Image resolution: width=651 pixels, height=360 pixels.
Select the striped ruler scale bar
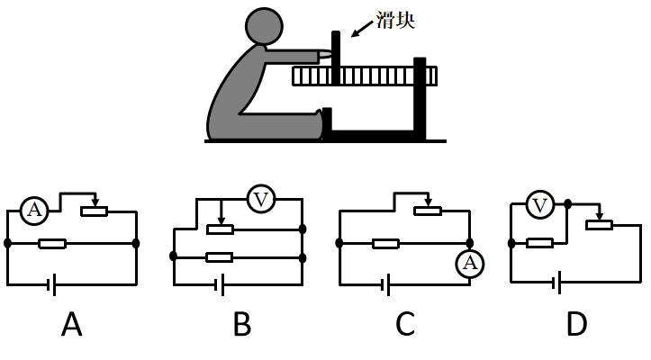(365, 77)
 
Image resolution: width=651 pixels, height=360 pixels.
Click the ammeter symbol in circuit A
(34, 211)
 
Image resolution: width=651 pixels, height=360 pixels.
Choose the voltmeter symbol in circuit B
(260, 199)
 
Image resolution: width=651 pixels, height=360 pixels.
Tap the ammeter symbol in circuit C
(469, 263)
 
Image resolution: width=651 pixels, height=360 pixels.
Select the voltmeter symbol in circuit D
(540, 206)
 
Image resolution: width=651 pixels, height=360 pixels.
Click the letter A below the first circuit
(72, 324)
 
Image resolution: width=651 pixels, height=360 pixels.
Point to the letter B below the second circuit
(241, 324)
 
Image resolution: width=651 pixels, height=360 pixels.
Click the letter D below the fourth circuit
(576, 324)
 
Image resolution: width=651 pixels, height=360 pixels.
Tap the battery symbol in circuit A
(53, 286)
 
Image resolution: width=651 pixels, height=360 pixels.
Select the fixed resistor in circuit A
(53, 243)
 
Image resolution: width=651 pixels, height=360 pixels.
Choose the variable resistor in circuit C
(427, 211)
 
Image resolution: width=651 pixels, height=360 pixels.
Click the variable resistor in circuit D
(599, 224)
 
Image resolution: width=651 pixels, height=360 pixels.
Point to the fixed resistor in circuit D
(539, 242)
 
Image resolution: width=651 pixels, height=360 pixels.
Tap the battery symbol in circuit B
(219, 286)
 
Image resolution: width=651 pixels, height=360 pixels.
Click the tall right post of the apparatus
(419, 99)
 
